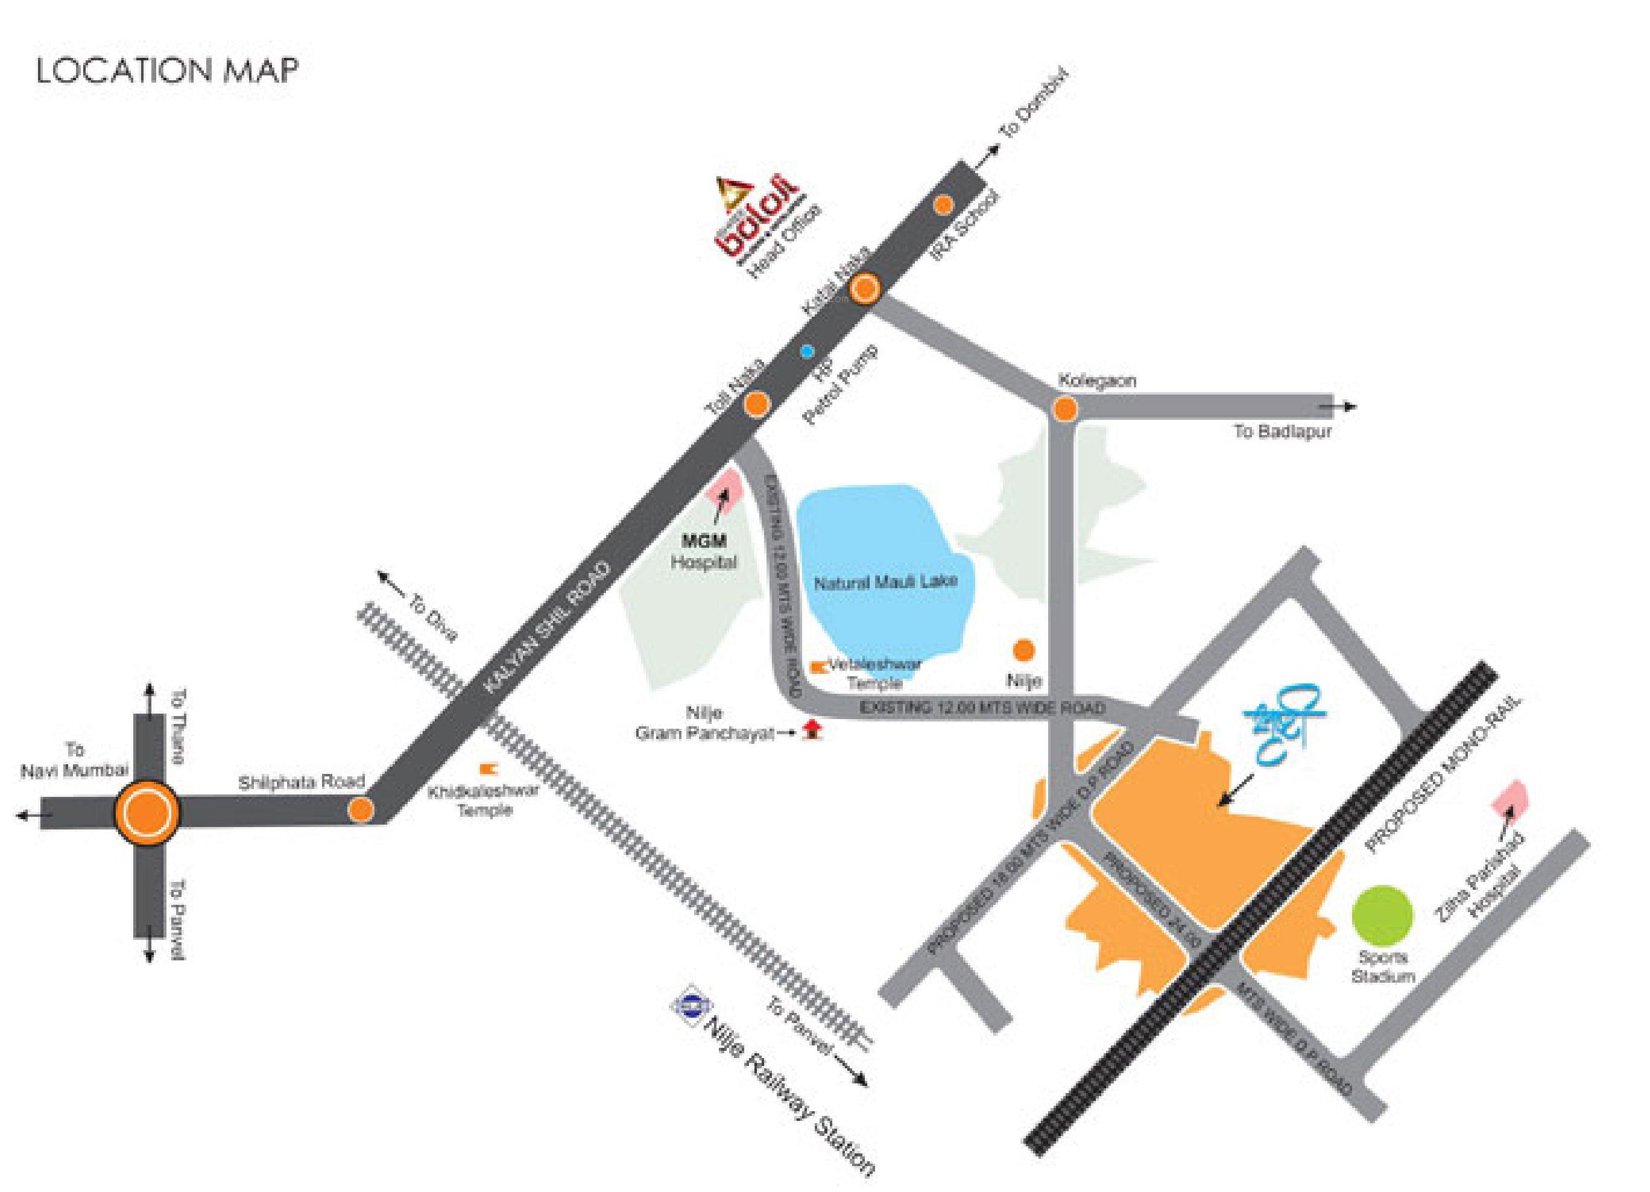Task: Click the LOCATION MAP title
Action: click(x=166, y=71)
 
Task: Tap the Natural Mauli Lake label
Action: click(x=885, y=582)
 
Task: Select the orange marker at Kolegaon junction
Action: click(x=1064, y=408)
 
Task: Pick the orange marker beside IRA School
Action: click(x=944, y=205)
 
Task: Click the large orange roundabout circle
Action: click(x=146, y=813)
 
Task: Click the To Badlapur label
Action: click(x=1282, y=431)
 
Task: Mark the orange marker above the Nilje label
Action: click(x=1023, y=650)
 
